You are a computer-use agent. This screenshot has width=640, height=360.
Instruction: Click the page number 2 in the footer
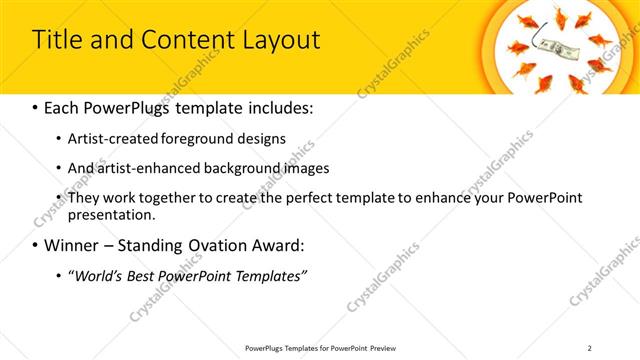click(590, 348)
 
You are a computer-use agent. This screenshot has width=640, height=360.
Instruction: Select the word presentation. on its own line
click(112, 214)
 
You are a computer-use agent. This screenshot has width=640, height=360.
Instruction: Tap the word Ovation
click(214, 245)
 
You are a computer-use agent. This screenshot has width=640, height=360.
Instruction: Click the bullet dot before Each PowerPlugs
click(36, 107)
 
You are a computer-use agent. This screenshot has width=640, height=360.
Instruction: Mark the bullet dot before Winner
click(36, 245)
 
